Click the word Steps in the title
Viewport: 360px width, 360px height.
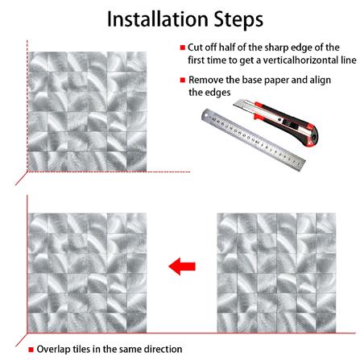pos(234,18)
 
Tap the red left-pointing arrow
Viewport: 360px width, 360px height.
pos(181,267)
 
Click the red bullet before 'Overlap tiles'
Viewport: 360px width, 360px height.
pos(31,350)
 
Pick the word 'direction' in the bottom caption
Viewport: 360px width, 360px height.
pos(163,350)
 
